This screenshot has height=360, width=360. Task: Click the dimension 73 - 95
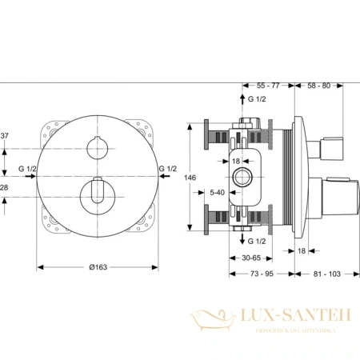coord(259,274)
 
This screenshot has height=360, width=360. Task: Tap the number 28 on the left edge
coord(5,186)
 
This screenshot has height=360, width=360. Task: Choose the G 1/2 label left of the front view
coord(27,168)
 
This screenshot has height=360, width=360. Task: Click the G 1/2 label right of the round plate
coord(167,168)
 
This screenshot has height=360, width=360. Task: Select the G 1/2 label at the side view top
coord(258,99)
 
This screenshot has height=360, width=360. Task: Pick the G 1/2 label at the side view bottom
coord(258,240)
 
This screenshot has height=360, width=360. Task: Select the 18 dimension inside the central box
coord(237,160)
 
